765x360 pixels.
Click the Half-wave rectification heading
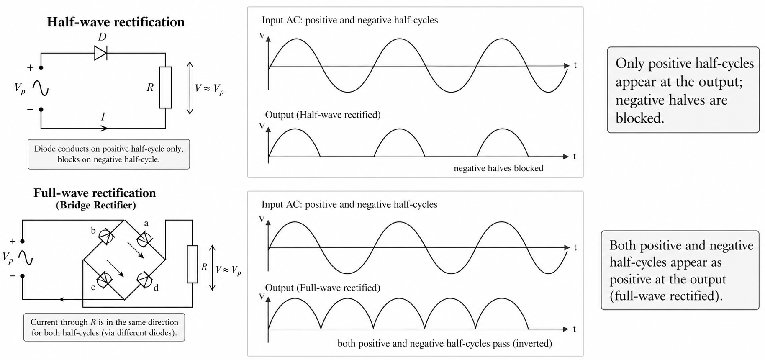coord(116,22)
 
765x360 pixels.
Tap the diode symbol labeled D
coord(100,53)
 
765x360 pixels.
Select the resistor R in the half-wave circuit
coord(165,87)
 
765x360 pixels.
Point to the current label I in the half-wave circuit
coord(103,117)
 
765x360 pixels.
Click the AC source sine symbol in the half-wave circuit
coord(41,88)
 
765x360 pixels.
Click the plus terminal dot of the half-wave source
coord(41,67)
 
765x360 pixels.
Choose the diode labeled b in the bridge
coord(106,237)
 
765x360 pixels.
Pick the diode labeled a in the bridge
coord(144,239)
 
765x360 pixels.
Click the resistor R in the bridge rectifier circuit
coord(192,264)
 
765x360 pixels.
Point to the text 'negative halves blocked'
coord(498,168)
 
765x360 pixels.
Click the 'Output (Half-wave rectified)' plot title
coord(323,115)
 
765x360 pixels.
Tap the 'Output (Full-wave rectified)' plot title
coord(323,288)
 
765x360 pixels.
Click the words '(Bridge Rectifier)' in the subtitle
coord(96,205)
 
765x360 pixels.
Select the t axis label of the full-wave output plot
coord(575,329)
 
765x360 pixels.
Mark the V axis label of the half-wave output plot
coord(262,126)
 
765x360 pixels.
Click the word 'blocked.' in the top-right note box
coord(640,118)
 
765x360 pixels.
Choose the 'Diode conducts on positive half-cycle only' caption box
coord(109,154)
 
